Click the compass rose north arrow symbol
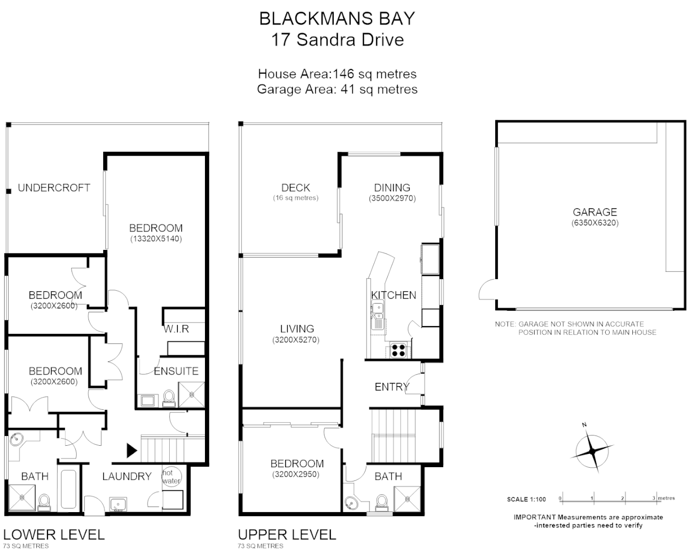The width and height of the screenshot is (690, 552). tap(592, 451)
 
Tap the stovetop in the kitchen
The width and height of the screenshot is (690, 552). tap(399, 350)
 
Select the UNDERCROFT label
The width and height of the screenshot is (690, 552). tap(54, 188)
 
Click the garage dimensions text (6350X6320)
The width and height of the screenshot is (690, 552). tap(595, 223)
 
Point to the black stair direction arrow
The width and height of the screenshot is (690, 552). tap(132, 450)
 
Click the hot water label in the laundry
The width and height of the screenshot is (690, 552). tap(171, 477)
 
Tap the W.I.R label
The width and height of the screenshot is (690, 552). tap(176, 329)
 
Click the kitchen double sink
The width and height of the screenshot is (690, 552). tap(377, 314)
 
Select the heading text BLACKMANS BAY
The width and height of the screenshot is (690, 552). tap(337, 18)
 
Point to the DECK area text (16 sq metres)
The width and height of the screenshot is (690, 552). tap(295, 198)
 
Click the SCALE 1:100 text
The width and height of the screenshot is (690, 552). tap(526, 499)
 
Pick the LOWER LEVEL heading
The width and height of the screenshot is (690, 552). tap(54, 535)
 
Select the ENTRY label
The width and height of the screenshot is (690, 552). tap(392, 387)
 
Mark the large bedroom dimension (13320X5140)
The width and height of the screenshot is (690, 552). tap(155, 239)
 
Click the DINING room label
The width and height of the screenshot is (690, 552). tap(392, 188)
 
